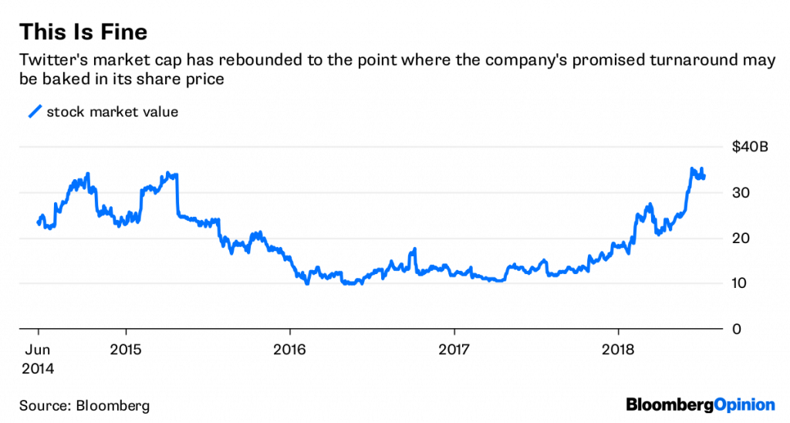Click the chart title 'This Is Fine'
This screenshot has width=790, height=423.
pos(83,32)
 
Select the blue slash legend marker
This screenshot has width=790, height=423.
pos(34,113)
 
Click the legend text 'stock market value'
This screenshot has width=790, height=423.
pos(113,113)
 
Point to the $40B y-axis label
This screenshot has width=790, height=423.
pos(750,147)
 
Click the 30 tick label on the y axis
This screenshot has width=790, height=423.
pos(739,193)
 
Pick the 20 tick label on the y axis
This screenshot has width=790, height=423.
pos(739,239)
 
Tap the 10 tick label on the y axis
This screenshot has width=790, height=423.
pos(739,283)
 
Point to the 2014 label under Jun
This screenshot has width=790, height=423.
pos(38,368)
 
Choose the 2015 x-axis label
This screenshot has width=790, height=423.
pos(125,350)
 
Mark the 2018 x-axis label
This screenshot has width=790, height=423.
pos(618,350)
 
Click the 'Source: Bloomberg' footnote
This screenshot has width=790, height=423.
pos(85,404)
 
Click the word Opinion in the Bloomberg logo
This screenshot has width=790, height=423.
pos(742,404)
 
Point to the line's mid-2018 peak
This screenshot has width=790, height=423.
pos(693,169)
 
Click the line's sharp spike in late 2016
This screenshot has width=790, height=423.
pos(414,249)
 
